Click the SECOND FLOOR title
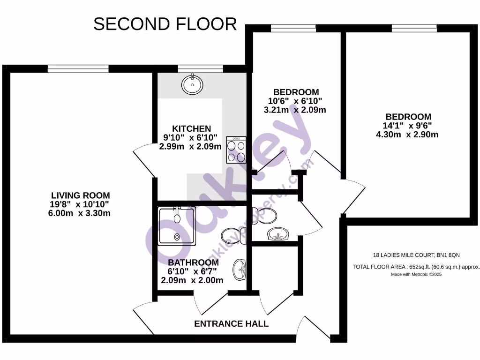point(165,24)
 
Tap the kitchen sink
point(193,84)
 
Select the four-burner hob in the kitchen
point(236,150)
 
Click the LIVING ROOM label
point(81,195)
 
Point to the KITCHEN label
point(191,128)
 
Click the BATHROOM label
point(193,262)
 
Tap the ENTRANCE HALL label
point(231,324)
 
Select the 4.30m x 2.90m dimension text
point(408,135)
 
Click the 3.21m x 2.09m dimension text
point(295,110)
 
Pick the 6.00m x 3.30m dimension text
point(81,213)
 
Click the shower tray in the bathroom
point(177,225)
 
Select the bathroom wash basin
point(240,270)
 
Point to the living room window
point(78,69)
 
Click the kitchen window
point(200,69)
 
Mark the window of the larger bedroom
point(414,29)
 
